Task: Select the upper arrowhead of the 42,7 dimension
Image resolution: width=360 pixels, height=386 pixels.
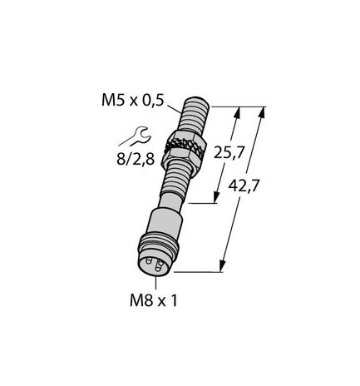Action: [x=264, y=111]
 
